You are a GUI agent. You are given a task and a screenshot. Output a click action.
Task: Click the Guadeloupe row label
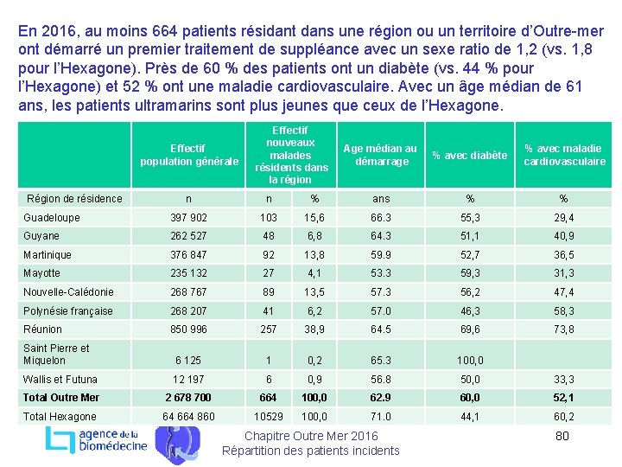coord(52,218)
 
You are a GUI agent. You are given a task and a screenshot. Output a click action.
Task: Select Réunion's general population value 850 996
coord(190,329)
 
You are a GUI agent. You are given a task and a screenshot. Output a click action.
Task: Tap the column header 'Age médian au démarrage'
coord(381,156)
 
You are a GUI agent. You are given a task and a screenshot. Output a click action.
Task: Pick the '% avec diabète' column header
coord(470,156)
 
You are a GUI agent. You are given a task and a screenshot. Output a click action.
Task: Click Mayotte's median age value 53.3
coord(381,273)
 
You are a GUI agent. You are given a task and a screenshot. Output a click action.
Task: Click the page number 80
coord(562,436)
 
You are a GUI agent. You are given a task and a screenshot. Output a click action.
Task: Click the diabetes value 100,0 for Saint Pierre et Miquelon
coord(470,361)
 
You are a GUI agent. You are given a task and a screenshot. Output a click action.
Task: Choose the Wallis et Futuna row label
coord(60,380)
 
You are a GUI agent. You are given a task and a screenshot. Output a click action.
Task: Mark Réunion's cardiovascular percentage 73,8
coord(564,329)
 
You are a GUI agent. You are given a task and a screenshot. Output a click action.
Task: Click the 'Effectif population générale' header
coord(189,155)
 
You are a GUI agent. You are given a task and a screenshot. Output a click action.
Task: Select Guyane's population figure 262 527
coord(190,236)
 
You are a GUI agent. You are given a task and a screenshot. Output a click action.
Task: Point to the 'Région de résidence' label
coord(75,199)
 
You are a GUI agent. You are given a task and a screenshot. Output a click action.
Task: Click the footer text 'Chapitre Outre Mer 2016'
coord(311,436)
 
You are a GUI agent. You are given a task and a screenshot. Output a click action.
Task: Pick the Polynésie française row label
coord(68,311)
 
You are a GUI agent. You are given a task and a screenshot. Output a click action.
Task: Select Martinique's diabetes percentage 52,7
coord(470,255)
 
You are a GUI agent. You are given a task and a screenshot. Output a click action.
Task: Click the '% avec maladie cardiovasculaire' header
coord(564,155)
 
